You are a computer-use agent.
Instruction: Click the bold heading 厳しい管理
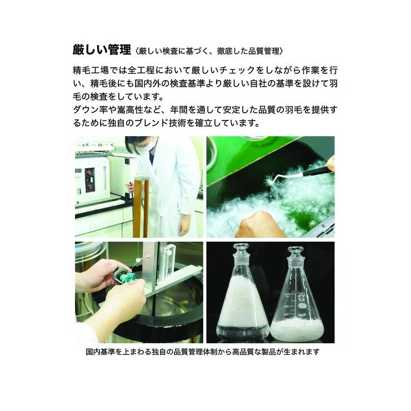click(102, 49)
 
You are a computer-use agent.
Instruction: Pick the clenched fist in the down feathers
click(258, 224)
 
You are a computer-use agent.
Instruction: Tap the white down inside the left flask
click(243, 302)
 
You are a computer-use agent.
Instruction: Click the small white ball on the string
click(138, 260)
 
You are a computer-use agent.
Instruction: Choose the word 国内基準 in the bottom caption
click(101, 352)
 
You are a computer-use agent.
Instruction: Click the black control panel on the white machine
click(89, 181)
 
